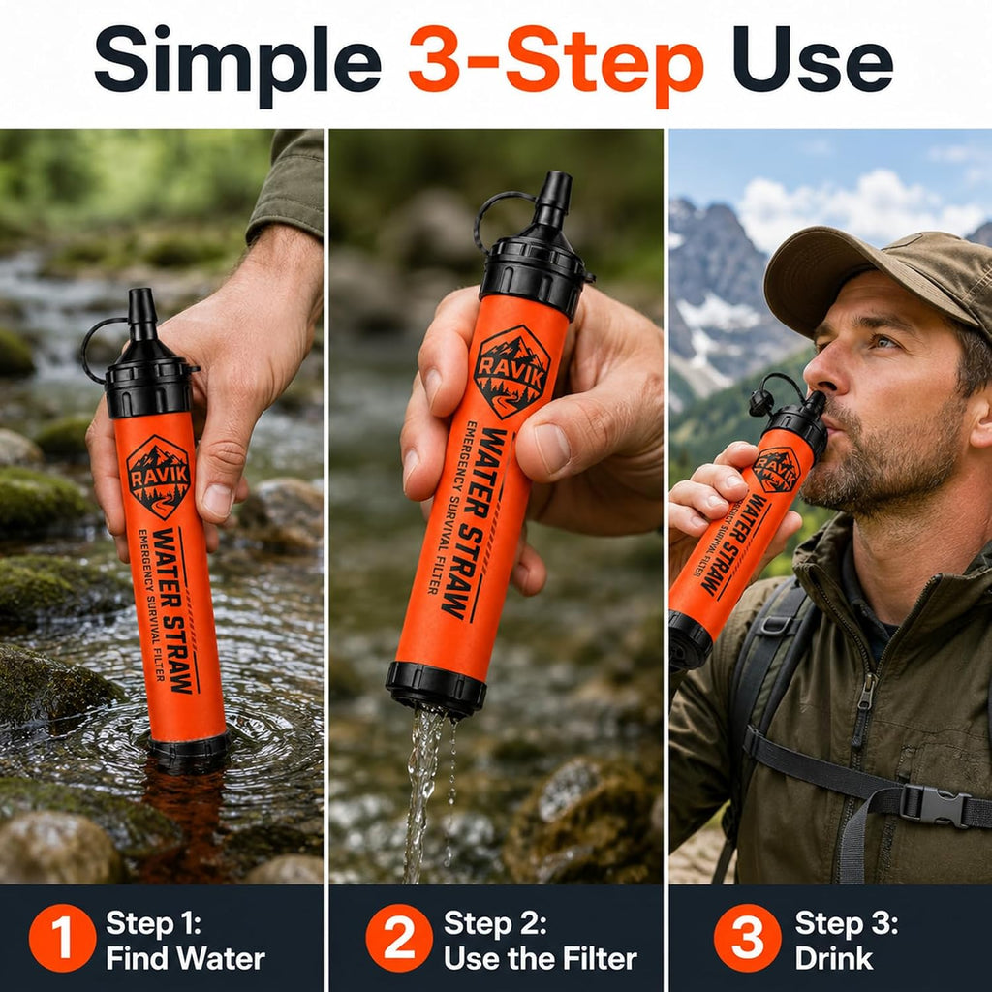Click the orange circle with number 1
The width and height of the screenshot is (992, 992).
(x=63, y=938)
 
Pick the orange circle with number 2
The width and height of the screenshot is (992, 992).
(x=399, y=938)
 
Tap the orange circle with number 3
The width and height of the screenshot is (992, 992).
(x=748, y=938)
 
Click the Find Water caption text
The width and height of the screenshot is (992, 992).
(x=185, y=958)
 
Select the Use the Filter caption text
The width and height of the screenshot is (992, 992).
(x=541, y=958)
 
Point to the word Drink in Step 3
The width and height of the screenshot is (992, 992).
(x=834, y=958)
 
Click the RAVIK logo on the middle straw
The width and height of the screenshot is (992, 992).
(x=511, y=371)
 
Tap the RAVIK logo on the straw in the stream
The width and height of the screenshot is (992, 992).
(x=158, y=477)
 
